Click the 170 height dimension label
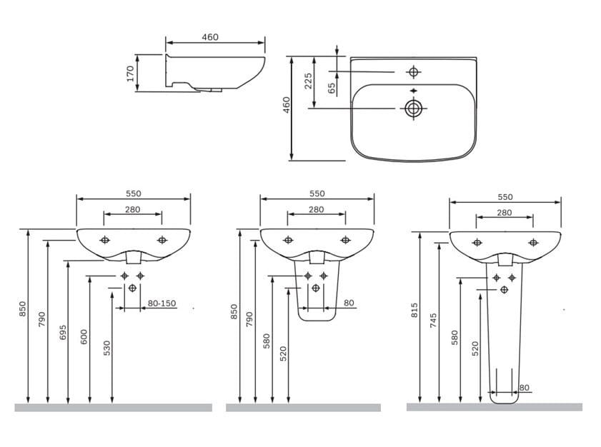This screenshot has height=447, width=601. (130, 74)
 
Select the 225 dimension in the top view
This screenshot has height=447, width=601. (308, 81)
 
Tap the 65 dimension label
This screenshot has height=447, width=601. (332, 89)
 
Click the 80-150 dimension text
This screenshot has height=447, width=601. (162, 303)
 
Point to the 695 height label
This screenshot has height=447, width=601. (63, 333)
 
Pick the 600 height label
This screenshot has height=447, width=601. (84, 337)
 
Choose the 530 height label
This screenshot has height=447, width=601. (107, 348)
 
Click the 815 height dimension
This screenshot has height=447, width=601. (414, 310)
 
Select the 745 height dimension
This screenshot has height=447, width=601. (434, 321)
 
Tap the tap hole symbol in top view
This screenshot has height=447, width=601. (413, 71)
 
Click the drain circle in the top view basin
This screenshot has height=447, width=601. (413, 109)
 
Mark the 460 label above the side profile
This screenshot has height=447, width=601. (210, 37)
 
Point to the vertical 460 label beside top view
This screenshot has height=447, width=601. (287, 105)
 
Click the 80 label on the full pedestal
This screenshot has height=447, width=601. (524, 388)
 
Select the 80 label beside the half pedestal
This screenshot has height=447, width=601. (349, 303)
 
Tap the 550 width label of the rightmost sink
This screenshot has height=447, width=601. (505, 197)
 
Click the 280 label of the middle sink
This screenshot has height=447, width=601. (316, 209)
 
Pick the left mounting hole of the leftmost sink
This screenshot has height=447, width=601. (104, 240)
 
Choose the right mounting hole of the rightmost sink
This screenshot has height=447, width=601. (533, 243)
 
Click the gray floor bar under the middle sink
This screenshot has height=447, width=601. (303, 408)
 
